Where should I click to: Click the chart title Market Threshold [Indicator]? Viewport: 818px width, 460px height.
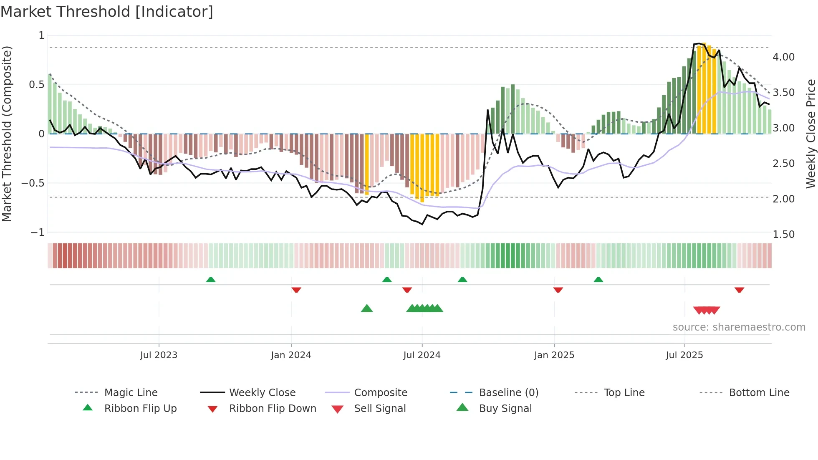click(x=107, y=12)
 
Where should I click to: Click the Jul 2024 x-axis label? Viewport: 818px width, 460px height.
click(x=422, y=355)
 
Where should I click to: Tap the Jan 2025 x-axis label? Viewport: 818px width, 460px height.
click(x=554, y=355)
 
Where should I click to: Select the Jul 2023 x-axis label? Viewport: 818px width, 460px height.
click(x=159, y=355)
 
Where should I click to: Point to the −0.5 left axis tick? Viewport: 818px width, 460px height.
click(x=33, y=183)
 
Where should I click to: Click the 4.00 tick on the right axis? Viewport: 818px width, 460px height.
click(x=783, y=57)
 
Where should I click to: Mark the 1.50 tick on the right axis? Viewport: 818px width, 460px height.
click(x=783, y=235)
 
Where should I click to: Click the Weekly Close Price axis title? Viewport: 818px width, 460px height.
click(x=810, y=134)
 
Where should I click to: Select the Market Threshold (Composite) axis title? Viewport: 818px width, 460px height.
click(x=7, y=134)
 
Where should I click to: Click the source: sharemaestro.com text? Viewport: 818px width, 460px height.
click(x=739, y=327)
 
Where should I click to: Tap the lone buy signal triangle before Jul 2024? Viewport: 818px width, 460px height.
click(x=366, y=308)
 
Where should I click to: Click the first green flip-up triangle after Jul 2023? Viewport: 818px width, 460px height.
click(x=211, y=280)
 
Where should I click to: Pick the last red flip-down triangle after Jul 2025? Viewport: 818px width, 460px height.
click(x=739, y=290)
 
